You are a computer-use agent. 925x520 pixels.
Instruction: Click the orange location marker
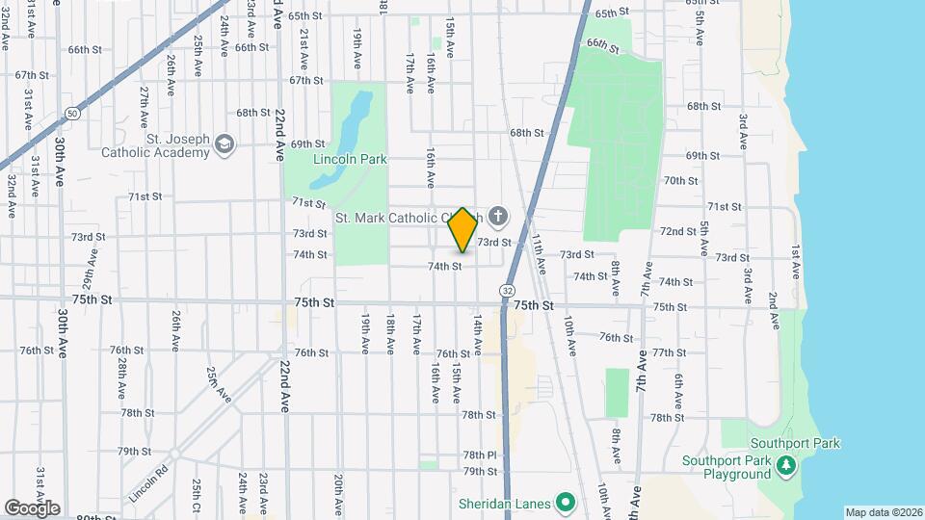[462, 229]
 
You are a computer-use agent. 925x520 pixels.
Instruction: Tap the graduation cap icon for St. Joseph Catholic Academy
[225, 144]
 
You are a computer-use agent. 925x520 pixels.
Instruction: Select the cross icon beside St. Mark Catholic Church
[497, 217]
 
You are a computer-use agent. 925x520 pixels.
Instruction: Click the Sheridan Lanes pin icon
[566, 503]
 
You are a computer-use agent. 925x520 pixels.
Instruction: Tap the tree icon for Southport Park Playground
[787, 466]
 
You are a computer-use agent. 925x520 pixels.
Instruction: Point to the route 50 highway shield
[72, 113]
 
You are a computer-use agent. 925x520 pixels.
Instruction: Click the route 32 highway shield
[506, 289]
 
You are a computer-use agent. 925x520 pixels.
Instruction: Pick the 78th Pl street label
[479, 455]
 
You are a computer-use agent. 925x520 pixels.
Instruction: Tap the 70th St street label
[680, 180]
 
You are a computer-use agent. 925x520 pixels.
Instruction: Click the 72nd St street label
[677, 231]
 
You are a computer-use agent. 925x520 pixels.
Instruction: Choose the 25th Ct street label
[196, 496]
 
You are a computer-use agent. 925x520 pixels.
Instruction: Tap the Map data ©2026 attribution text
[883, 512]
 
